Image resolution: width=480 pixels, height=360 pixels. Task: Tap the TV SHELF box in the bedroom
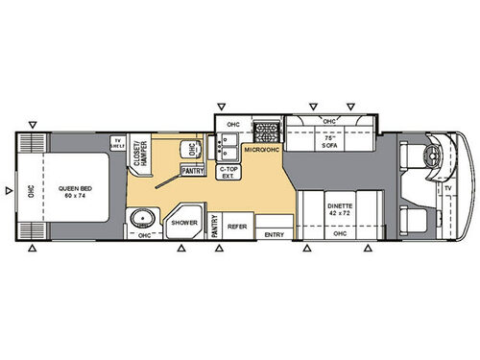[118, 144]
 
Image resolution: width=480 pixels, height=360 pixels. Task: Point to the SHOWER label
[184, 222]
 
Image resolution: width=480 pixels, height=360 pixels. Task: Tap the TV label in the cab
[447, 189]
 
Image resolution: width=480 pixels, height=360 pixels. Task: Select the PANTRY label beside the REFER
[214, 227]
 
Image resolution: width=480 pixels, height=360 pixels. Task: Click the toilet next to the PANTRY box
[192, 152]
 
